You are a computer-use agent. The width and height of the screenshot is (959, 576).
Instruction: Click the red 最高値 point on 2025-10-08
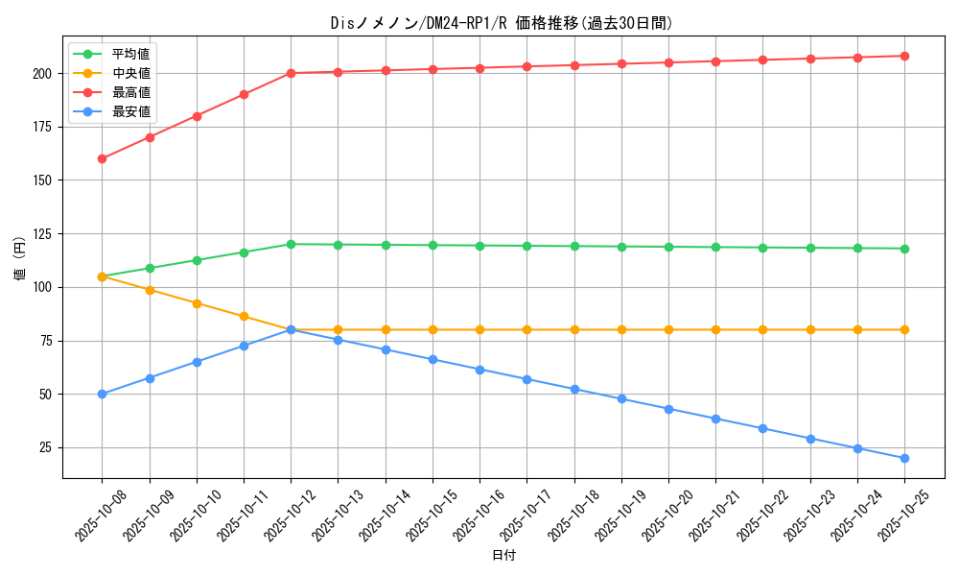coord(102,158)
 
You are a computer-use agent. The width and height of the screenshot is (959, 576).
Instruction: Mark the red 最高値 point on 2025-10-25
coord(904,56)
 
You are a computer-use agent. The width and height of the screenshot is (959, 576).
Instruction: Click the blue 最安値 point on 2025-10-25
coord(904,458)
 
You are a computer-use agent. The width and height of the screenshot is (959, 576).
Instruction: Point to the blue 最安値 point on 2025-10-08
coord(102,394)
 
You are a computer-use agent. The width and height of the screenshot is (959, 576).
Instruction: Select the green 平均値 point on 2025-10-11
coord(244,252)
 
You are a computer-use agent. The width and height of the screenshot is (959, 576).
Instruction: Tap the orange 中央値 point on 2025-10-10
coord(197,303)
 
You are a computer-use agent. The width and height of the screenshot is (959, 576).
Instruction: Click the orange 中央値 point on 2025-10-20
coord(668,329)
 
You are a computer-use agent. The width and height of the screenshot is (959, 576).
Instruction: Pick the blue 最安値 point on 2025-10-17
coord(526,379)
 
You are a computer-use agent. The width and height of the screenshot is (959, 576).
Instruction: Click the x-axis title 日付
coord(503,556)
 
